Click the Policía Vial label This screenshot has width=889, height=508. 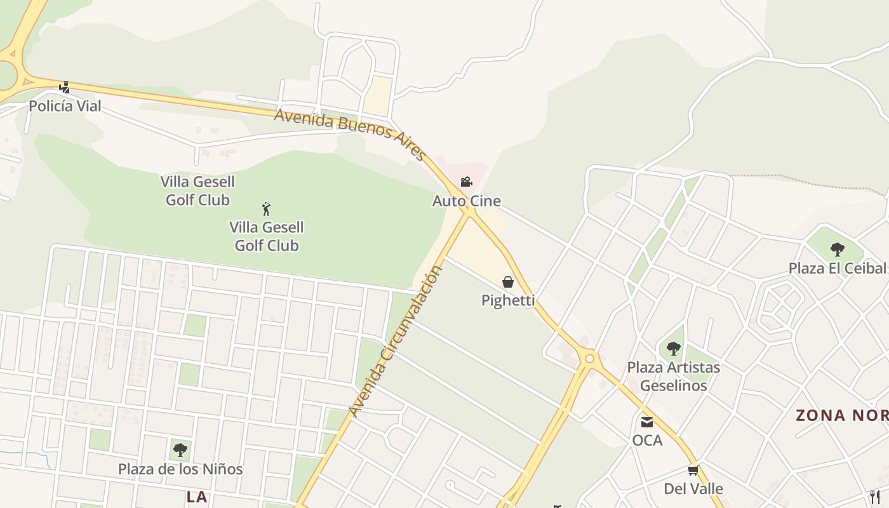click(x=65, y=106)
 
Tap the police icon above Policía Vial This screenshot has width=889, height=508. click(x=64, y=88)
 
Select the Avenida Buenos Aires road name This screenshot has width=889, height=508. click(x=349, y=133)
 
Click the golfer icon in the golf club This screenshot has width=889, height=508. click(x=267, y=208)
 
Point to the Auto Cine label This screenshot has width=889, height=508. click(x=467, y=201)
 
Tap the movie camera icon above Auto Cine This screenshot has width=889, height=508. click(x=466, y=182)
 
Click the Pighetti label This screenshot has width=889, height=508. click(x=508, y=300)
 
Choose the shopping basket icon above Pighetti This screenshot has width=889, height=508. click(x=508, y=282)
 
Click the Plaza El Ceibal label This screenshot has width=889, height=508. click(x=837, y=268)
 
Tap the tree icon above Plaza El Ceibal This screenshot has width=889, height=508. click(x=837, y=249)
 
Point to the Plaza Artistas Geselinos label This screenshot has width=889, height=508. click(x=674, y=376)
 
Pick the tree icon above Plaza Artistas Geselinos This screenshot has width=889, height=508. click(x=674, y=349)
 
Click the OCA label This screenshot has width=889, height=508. click(x=647, y=440)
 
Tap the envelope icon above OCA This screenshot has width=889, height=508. click(x=647, y=422)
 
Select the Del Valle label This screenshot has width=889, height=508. click(x=693, y=488)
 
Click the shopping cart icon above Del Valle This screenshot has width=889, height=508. click(x=693, y=471)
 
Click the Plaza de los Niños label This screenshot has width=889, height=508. click(x=180, y=469)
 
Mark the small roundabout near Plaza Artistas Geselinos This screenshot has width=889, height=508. click(x=590, y=359)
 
